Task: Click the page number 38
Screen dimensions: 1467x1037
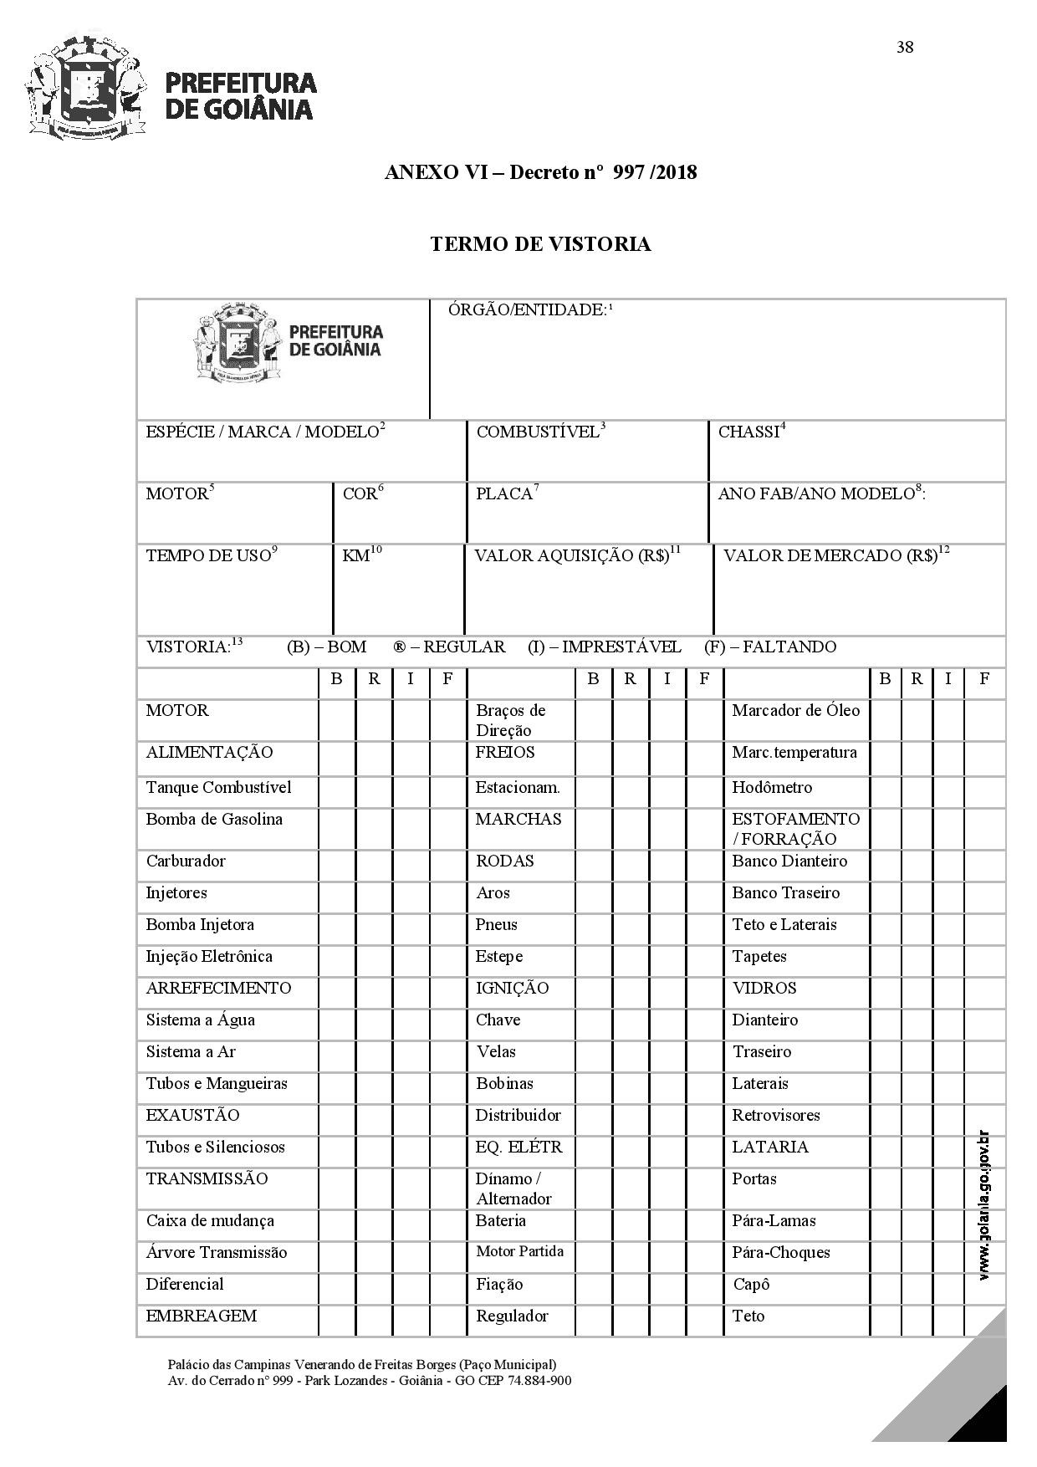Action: click(x=905, y=47)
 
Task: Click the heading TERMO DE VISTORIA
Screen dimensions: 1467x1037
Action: click(x=540, y=244)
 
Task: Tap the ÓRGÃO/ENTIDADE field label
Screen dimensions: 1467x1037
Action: click(x=528, y=310)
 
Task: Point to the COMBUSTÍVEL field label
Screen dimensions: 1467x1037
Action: click(x=539, y=432)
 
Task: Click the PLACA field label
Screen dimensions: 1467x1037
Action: click(x=505, y=493)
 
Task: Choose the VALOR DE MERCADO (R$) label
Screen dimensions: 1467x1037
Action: click(x=831, y=555)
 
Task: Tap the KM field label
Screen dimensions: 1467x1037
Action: click(x=357, y=555)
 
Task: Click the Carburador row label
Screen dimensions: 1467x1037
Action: click(x=186, y=861)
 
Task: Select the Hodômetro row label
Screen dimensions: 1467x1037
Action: click(x=771, y=788)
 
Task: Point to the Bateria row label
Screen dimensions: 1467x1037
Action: click(x=500, y=1221)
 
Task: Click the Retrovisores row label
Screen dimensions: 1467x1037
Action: click(x=775, y=1116)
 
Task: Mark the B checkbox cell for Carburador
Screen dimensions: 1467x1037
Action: click(x=336, y=861)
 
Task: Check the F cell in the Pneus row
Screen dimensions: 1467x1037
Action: click(x=704, y=925)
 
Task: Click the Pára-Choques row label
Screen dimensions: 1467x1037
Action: click(x=780, y=1253)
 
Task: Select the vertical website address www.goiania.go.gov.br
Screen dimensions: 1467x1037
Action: click(x=984, y=1204)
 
